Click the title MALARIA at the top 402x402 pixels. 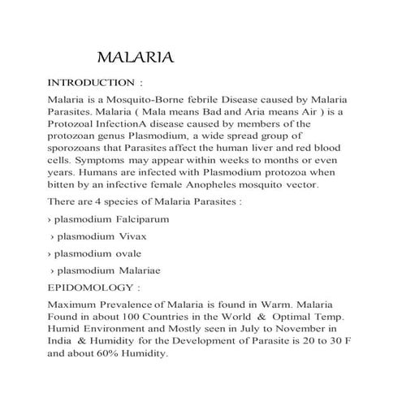point(135,58)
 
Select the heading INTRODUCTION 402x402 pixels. point(91,83)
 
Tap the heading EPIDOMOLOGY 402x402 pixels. point(90,287)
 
